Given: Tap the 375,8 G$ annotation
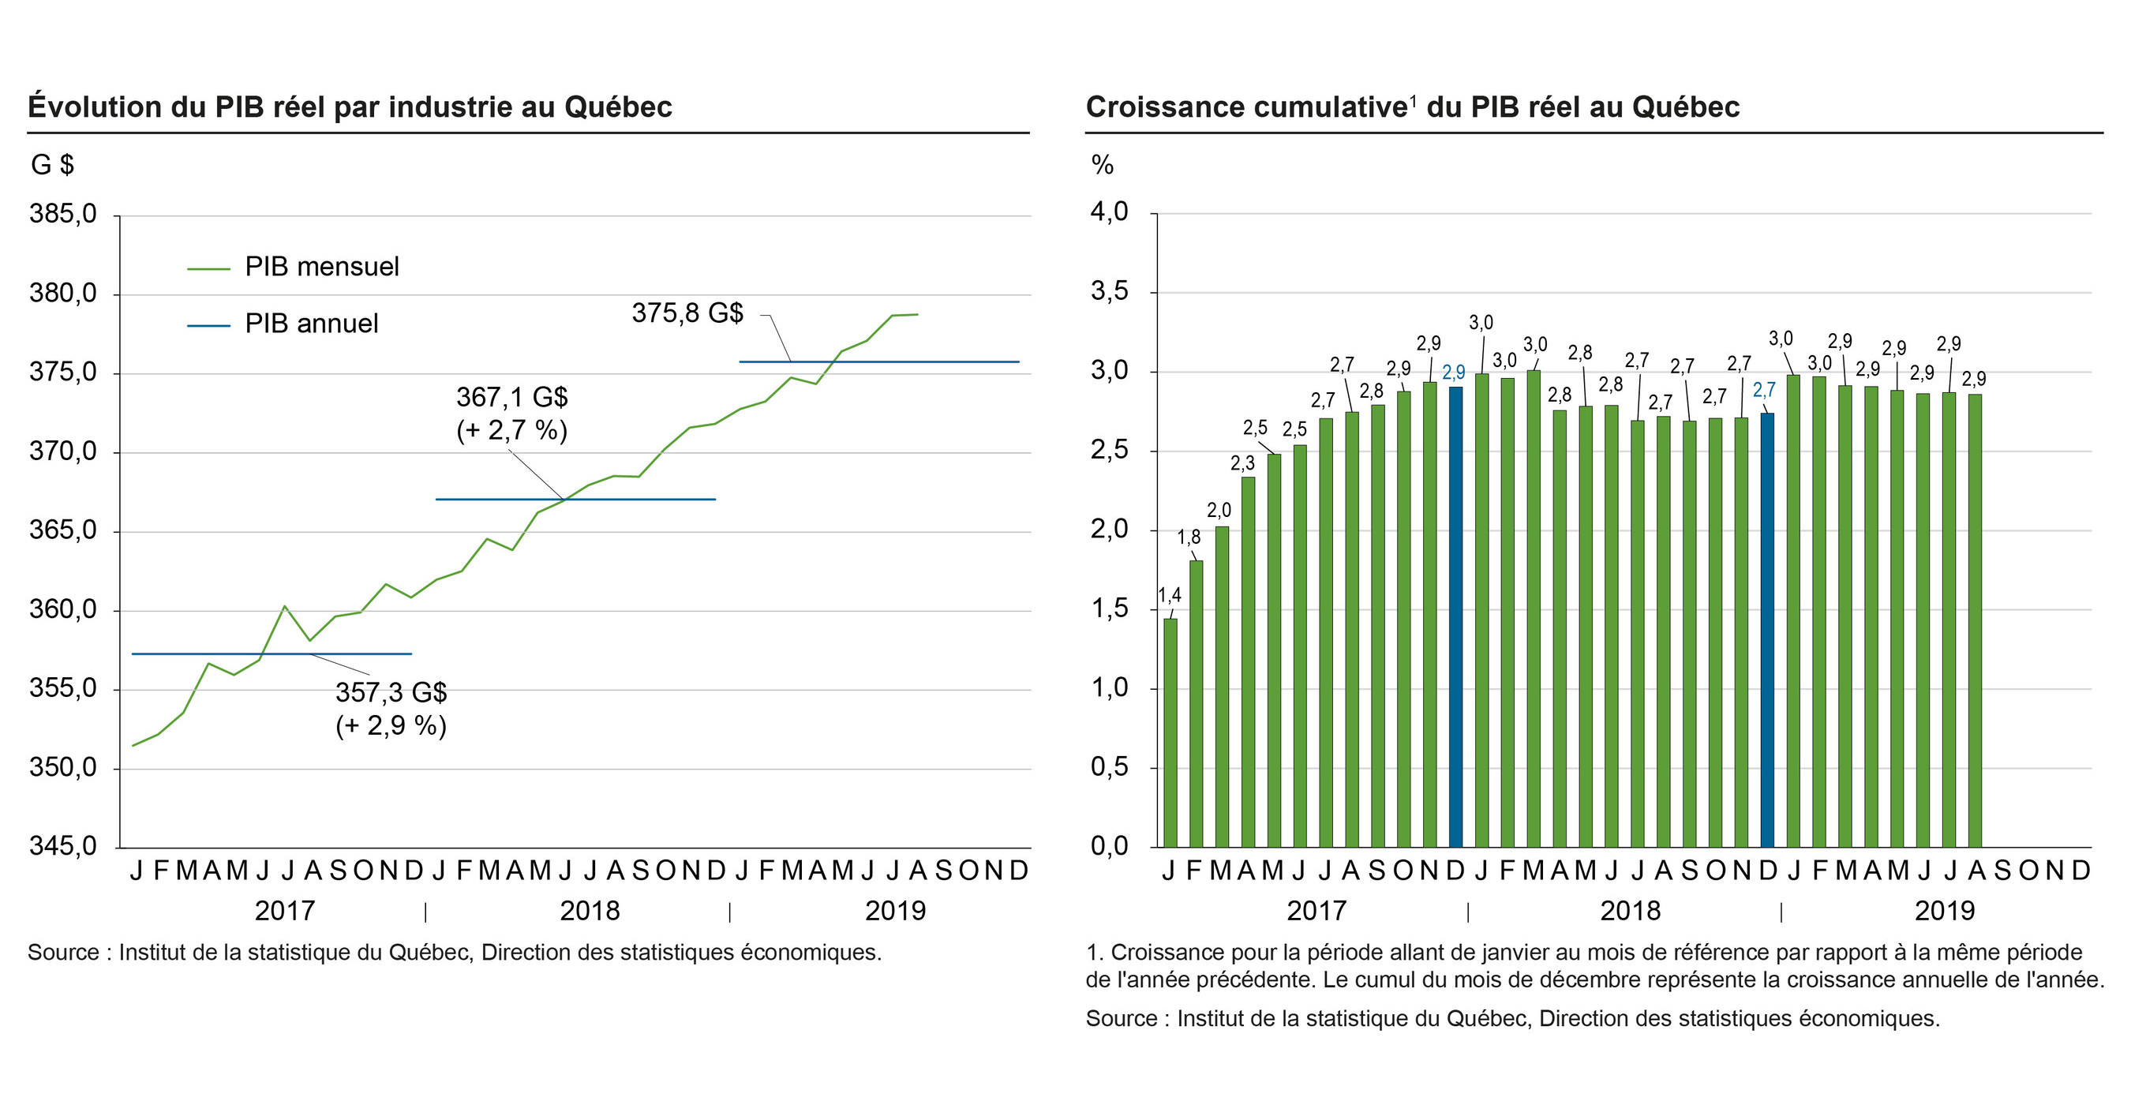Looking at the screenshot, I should (687, 313).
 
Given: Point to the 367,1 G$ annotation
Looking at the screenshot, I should (512, 398).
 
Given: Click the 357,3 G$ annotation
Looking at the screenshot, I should (391, 691).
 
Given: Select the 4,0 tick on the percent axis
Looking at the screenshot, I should (1109, 212).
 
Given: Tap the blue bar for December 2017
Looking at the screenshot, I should (1456, 616).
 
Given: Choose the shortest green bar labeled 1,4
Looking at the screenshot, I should (1170, 732).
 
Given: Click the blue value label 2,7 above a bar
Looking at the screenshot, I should (1764, 390).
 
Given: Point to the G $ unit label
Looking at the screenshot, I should (52, 165).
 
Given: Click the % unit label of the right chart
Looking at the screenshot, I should (1102, 165).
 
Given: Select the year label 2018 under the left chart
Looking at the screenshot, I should (589, 911).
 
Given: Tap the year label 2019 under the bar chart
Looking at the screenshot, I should (1944, 911).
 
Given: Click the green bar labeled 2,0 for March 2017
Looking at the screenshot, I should (1222, 687).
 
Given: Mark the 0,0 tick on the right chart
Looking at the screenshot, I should (1109, 846).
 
